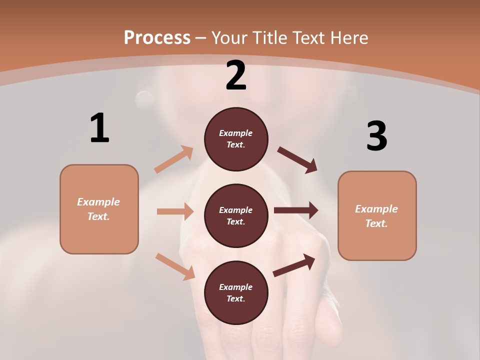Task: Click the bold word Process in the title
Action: coord(157,37)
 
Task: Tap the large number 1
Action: coord(99,128)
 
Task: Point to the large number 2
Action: coord(236,75)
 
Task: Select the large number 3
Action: coord(376,136)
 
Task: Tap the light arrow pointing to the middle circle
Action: coord(175,211)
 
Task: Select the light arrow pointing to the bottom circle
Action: coord(175,266)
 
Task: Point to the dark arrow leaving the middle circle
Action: coord(296,210)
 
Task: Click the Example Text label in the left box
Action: coord(98,209)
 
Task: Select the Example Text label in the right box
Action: coord(376,216)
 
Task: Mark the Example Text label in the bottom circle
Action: coord(236,292)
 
